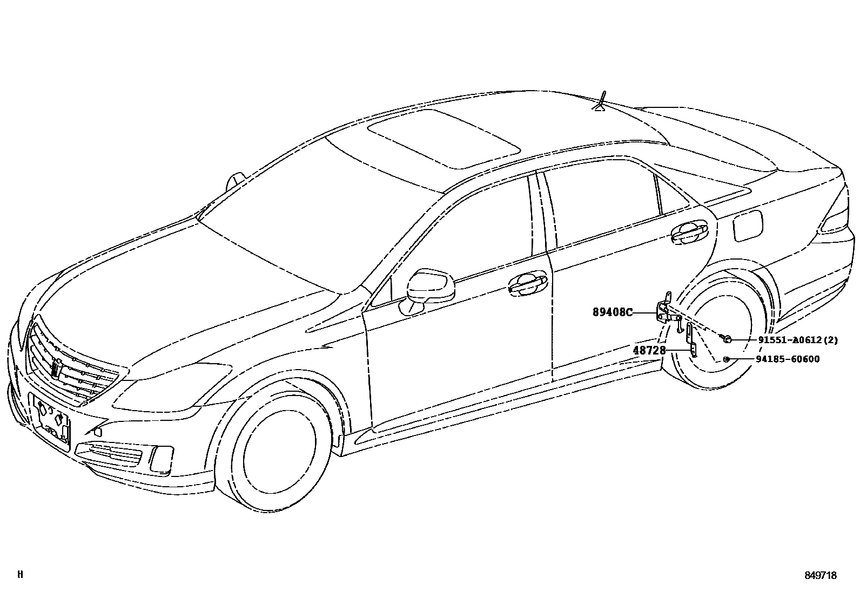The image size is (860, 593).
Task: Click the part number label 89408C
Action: [612, 312]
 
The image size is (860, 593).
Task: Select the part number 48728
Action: [649, 350]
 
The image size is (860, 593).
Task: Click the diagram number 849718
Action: [819, 576]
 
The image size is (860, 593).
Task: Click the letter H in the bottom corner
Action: [20, 575]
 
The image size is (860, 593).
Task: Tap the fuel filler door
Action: [748, 225]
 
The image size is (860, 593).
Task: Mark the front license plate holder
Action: [52, 419]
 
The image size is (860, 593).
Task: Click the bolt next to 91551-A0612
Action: [727, 339]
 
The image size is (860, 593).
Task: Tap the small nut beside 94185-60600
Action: [727, 359]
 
